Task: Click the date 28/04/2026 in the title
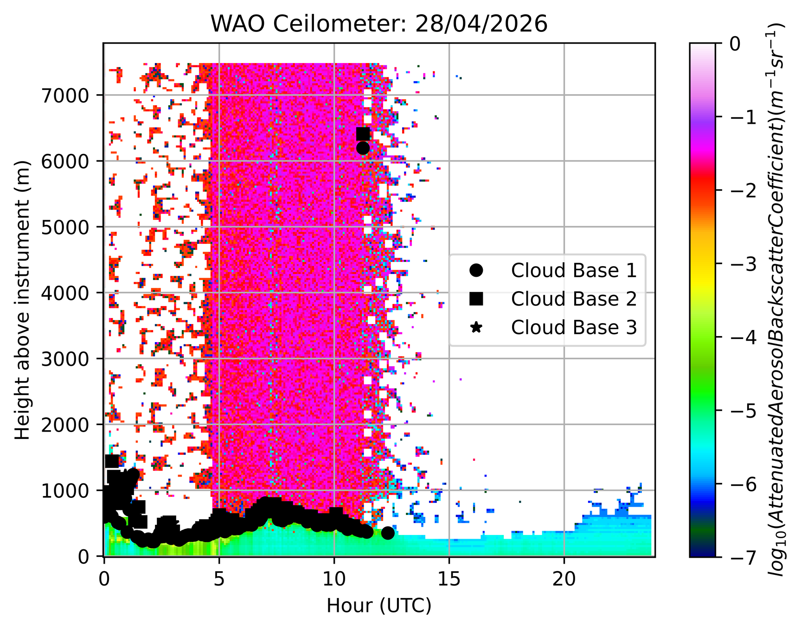(x=481, y=24)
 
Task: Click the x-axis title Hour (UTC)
(x=379, y=606)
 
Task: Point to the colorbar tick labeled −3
(x=743, y=263)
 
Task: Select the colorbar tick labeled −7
(x=743, y=556)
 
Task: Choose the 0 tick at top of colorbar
(x=735, y=44)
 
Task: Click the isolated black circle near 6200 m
(x=363, y=148)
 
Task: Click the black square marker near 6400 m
(x=363, y=134)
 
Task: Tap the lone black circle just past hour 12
(x=388, y=533)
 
